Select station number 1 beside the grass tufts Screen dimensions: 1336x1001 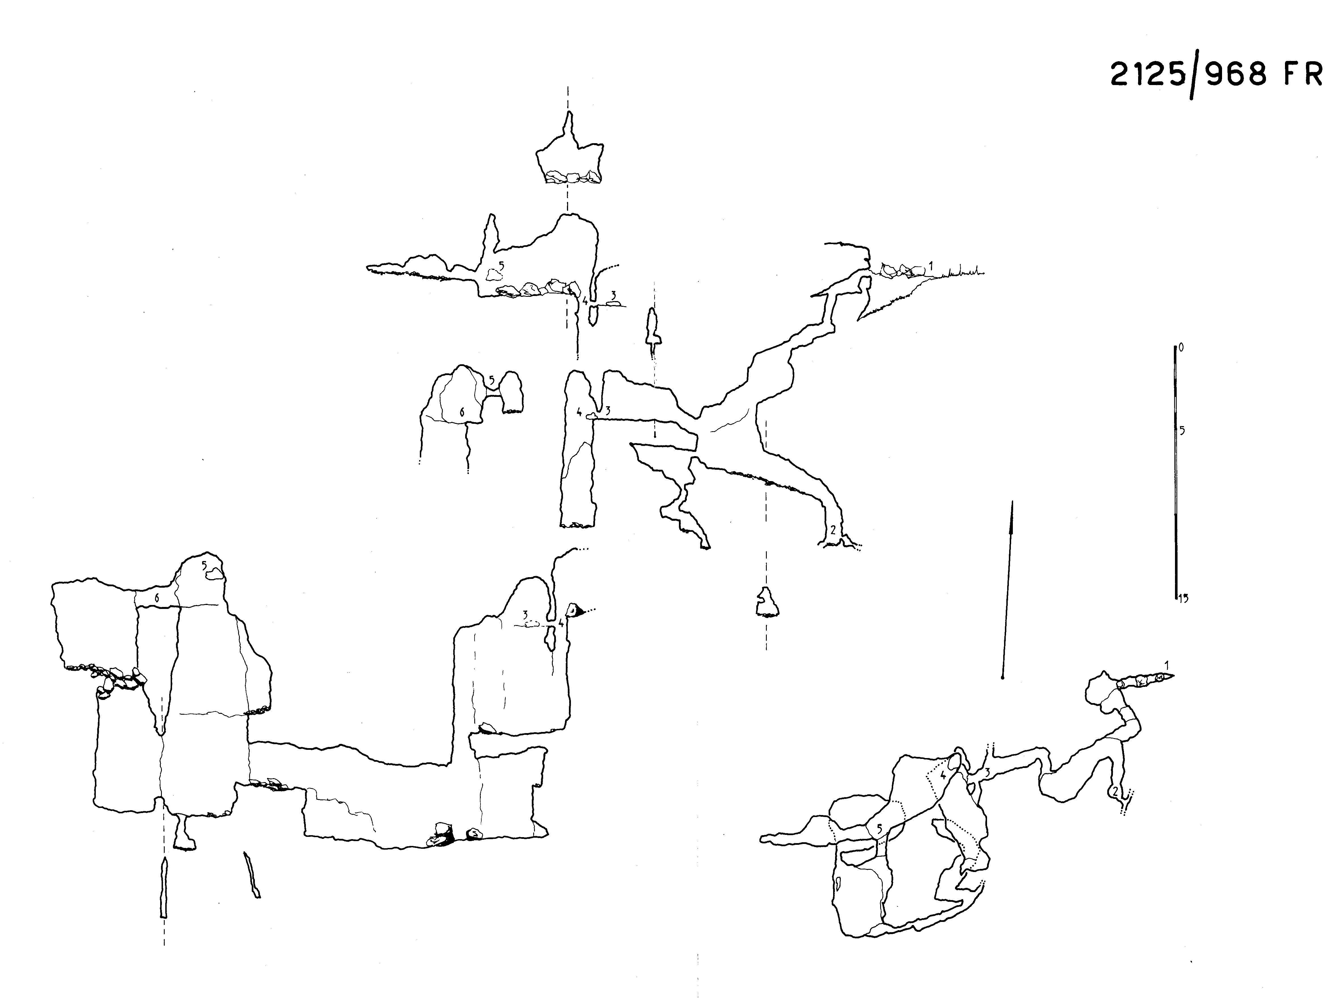click(x=931, y=265)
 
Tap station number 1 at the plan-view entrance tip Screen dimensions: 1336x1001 click(x=1167, y=665)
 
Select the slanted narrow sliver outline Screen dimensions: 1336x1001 click(x=252, y=875)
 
